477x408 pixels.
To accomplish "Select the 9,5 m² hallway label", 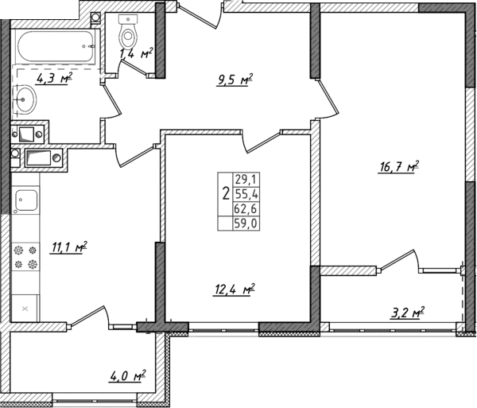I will click(x=233, y=79).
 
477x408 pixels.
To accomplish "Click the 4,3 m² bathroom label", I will click(x=54, y=78).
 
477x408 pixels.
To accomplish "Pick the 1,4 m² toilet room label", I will click(x=135, y=53).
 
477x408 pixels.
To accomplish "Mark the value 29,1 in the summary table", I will click(x=243, y=180).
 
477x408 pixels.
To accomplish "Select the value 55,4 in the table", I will click(x=243, y=194).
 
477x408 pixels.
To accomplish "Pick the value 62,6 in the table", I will click(x=243, y=209).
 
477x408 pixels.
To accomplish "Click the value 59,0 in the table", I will click(x=243, y=223).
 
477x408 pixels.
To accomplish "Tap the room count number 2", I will click(x=226, y=193).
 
